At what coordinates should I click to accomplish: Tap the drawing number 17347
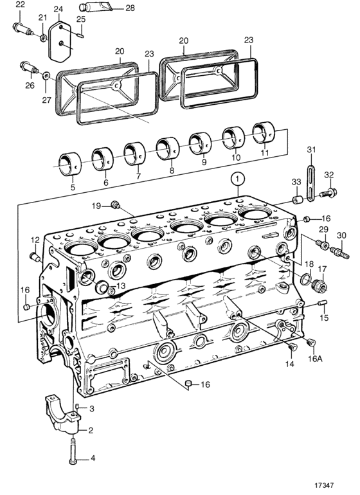pos(324,485)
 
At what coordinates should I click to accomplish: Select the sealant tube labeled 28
pos(93,6)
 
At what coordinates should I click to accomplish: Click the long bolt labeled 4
pos(72,449)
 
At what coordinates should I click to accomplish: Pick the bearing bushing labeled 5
pos(71,163)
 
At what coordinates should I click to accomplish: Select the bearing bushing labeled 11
pos(264,133)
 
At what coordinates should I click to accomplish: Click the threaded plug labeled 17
pos(318,285)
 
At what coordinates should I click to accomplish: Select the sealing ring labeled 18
pos(305,280)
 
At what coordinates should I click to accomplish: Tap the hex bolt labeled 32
pos(328,192)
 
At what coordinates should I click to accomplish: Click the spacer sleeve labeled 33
pos(297,200)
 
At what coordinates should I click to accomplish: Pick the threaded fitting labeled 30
pos(339,253)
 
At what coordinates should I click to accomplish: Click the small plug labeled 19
pos(115,204)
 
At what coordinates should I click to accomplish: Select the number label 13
pos(120,285)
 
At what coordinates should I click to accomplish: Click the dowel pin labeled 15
pos(323,303)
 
